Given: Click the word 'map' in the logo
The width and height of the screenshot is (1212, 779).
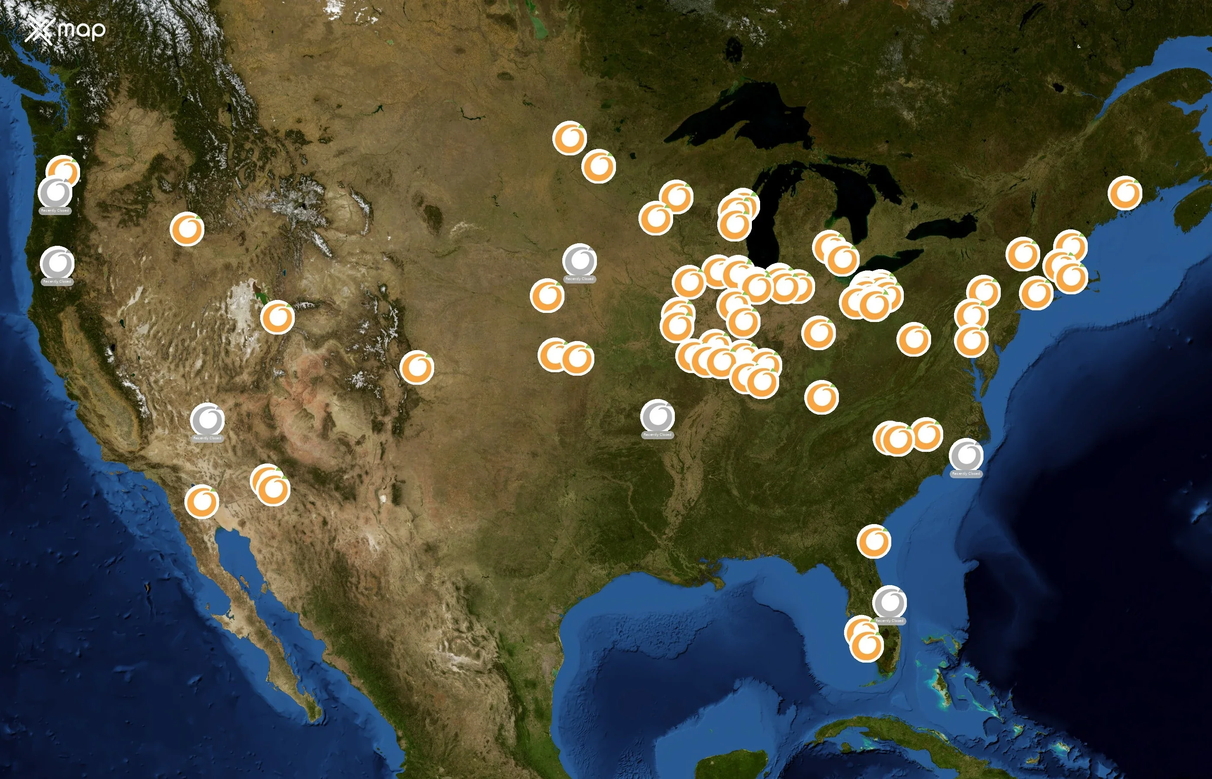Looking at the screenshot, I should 81,30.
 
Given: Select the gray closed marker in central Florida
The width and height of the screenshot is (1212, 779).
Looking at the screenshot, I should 889,602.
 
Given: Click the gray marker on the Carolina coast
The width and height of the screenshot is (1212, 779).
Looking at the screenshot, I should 966,455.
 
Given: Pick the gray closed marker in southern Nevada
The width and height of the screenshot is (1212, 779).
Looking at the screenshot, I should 207,419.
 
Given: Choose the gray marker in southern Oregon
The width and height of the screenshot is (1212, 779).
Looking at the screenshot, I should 57,263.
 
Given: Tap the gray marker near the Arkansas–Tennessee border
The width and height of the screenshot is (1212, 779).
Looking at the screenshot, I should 658,416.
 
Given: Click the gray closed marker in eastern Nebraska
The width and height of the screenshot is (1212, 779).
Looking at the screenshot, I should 580,260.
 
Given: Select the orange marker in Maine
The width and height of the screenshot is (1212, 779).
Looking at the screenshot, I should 1125,193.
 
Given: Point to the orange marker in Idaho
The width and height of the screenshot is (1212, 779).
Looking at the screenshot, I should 187,229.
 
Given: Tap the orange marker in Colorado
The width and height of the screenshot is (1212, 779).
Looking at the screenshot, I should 417,367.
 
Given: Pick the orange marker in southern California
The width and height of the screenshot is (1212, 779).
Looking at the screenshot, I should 202,501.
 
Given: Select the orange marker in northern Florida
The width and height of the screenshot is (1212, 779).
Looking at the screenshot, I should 874,541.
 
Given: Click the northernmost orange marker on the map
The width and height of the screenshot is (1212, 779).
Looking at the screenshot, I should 570,138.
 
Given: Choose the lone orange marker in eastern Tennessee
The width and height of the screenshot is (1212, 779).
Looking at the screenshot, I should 822,397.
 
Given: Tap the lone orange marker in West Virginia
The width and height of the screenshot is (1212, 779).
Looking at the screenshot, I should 914,339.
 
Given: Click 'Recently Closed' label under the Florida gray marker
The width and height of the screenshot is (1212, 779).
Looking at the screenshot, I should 889,621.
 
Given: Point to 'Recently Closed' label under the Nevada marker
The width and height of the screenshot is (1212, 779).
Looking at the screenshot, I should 207,438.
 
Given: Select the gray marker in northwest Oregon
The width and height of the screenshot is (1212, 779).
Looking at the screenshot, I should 55,193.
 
